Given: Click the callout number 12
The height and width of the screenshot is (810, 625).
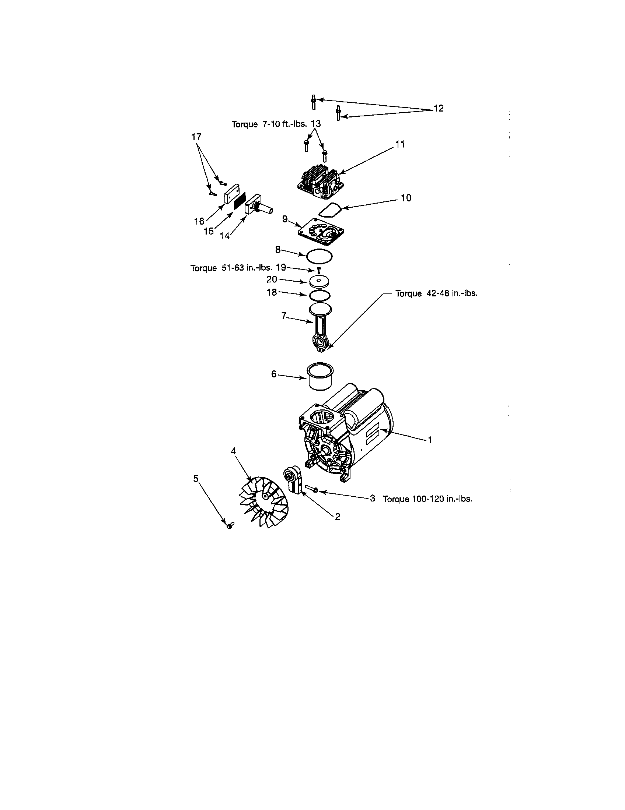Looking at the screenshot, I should coord(438,109).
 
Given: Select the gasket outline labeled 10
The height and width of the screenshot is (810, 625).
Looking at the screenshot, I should coord(331,211).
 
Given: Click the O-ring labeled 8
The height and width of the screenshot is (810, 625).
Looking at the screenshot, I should coord(320,256).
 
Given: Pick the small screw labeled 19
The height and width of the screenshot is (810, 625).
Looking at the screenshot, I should coord(319,270).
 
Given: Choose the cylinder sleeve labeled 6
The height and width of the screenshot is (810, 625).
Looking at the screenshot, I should coord(320,376).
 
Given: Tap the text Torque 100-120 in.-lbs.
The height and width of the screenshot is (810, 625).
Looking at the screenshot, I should coord(427,499).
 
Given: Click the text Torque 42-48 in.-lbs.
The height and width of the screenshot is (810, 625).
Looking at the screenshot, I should coord(436,294).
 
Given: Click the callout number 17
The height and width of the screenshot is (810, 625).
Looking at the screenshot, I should coord(196,137).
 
